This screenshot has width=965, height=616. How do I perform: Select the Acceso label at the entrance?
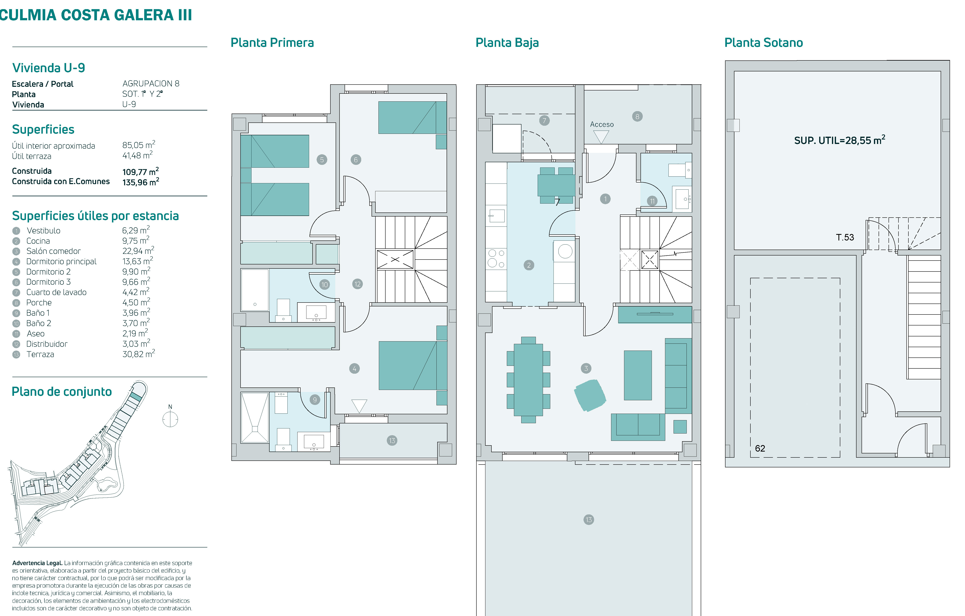tap(602, 124)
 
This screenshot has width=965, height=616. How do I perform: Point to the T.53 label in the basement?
tap(845, 237)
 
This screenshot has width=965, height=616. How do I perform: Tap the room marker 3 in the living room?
tap(586, 368)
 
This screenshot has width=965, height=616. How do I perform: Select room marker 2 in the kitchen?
tap(529, 265)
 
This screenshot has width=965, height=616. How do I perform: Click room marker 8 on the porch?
tap(637, 117)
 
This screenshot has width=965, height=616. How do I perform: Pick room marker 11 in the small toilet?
tap(652, 201)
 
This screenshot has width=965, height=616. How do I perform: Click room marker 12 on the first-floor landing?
tap(357, 284)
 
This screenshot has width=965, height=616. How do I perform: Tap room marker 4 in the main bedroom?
tap(354, 368)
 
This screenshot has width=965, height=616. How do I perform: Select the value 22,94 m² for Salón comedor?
tap(138, 251)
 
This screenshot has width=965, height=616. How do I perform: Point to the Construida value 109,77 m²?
tap(140, 171)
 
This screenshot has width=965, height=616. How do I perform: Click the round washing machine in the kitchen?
tap(565, 251)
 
